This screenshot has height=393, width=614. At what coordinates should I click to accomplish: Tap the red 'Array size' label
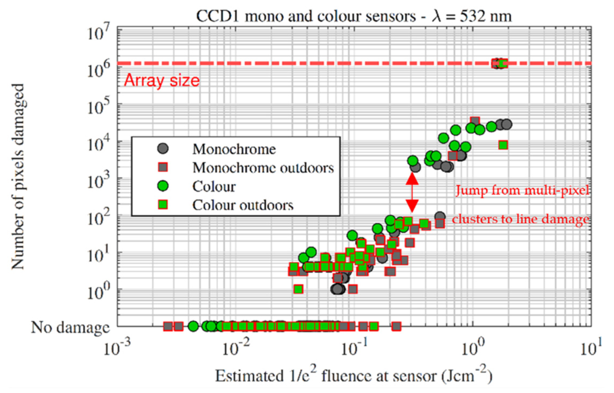(162, 80)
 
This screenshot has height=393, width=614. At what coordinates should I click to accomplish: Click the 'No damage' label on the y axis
(71, 328)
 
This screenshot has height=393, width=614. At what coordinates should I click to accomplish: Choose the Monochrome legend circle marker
(163, 149)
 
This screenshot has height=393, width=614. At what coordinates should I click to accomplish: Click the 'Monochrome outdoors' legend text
(263, 168)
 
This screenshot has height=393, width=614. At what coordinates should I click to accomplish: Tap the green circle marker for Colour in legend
(163, 186)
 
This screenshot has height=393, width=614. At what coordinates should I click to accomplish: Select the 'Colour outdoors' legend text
(243, 205)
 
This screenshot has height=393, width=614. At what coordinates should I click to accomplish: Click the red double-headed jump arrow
(412, 192)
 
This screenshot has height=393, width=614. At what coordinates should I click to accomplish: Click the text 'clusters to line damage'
(520, 219)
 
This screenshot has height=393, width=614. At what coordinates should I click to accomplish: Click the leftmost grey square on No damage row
(168, 326)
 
